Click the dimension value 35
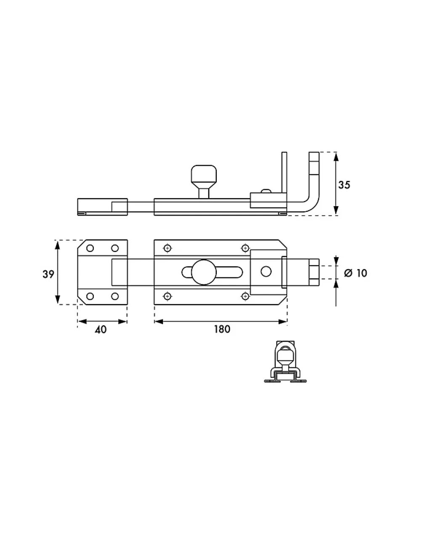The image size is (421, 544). pos(344,185)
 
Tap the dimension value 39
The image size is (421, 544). pos(48,274)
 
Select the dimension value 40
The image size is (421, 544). pos(101,330)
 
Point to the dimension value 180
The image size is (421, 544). pos(222,329)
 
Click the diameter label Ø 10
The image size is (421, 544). pos(355,273)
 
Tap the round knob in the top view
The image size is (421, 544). pos(204,272)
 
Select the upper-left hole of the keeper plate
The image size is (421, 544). pos(90,248)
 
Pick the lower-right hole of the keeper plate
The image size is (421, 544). pos(115,296)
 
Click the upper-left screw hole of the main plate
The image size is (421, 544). pos(168,248)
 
